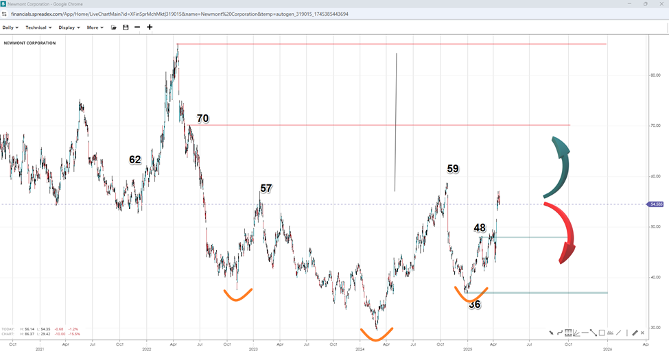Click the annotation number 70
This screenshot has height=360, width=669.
pos(202,119)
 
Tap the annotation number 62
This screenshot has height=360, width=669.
pos(135,160)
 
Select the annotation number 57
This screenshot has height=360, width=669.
pos(266,188)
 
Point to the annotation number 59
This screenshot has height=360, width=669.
pos(453,169)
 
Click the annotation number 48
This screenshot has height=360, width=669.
pos(480,228)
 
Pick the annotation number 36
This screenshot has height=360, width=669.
pos(475,304)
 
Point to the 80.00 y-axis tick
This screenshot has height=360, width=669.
pos(656,75)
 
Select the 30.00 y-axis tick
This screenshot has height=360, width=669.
pos(656,328)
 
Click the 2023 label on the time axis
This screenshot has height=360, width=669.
pos(253,348)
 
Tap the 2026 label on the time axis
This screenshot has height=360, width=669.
pos(607,348)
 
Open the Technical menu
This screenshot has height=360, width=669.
pos(38,27)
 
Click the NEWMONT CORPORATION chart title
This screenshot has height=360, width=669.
pos(30,43)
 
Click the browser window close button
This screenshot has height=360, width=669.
pos(661,4)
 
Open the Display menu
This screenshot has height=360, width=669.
pos(69,27)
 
